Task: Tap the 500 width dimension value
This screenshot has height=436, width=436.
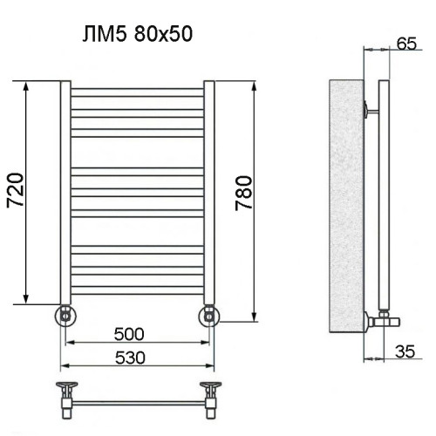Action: tap(128, 334)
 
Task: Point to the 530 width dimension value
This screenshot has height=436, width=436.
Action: tap(128, 358)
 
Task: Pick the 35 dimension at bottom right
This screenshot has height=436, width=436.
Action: tap(405, 351)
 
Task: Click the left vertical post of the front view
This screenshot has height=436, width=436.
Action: tap(64, 192)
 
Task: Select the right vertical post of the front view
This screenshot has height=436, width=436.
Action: tap(208, 192)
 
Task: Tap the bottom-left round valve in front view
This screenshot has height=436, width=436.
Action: tap(65, 315)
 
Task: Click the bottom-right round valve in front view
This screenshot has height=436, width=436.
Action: tap(209, 315)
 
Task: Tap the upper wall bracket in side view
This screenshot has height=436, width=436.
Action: tap(371, 110)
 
